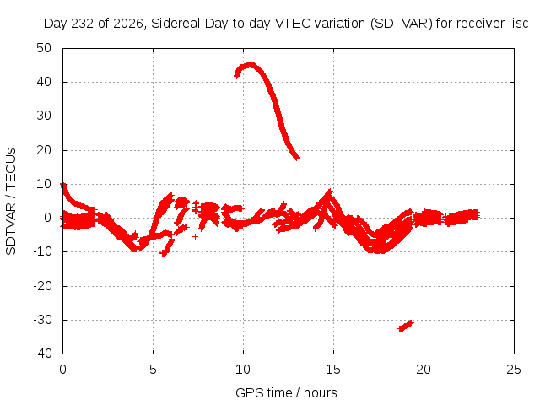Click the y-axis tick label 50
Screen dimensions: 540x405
tap(44, 48)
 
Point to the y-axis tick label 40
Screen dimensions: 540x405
tap(44, 82)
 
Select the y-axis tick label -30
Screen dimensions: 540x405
tap(42, 320)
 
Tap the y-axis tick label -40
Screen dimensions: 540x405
tap(42, 354)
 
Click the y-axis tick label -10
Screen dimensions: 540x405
tap(42, 251)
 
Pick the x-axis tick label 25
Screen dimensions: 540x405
tap(514, 370)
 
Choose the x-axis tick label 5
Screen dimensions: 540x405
tap(153, 370)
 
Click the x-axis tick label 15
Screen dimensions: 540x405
tap(333, 370)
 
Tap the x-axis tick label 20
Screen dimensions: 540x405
tap(424, 370)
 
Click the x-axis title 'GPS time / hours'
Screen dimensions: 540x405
tap(286, 392)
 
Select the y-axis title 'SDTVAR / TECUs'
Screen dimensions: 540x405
tap(11, 202)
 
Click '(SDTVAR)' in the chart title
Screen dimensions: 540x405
tap(402, 24)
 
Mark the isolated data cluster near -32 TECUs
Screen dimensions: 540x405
tap(406, 326)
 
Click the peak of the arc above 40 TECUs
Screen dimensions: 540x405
tap(251, 64)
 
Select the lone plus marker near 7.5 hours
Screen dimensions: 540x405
tap(195, 236)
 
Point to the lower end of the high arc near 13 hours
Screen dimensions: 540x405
tap(297, 158)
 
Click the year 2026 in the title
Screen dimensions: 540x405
tap(127, 24)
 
